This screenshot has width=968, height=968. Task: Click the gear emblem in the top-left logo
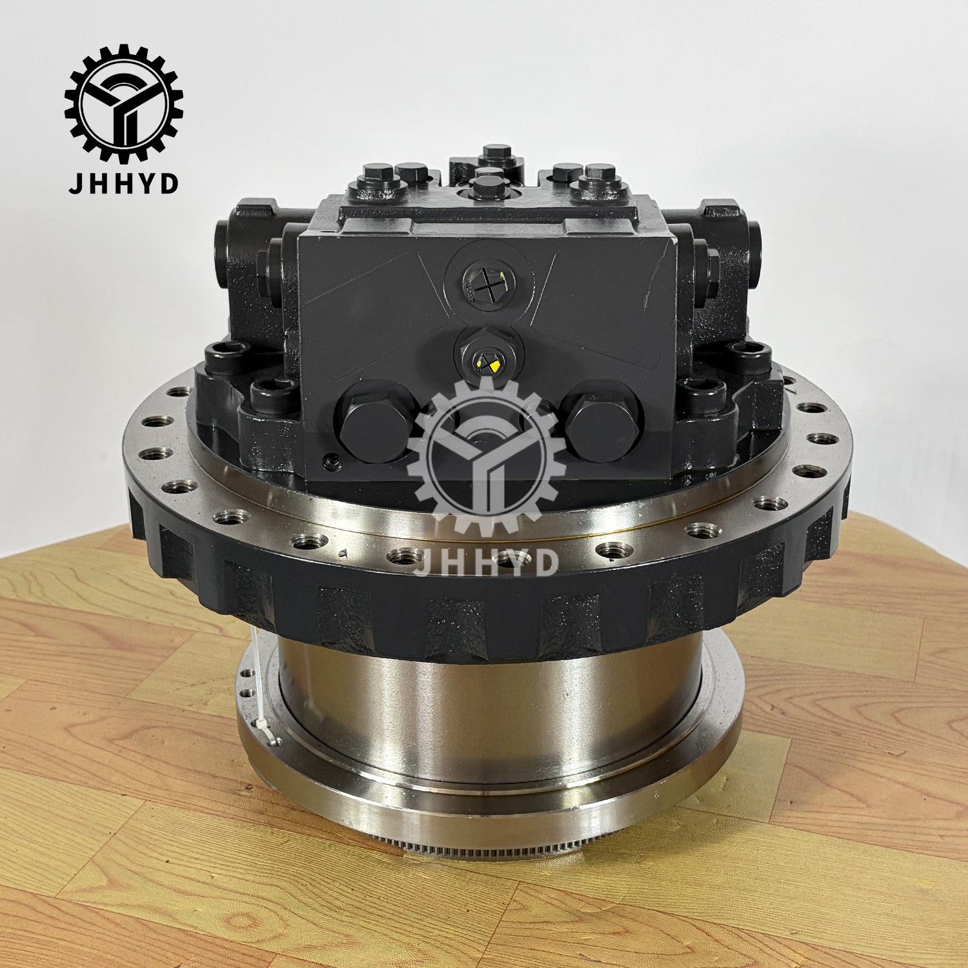click(124, 103)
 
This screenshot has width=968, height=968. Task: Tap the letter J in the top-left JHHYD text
click(76, 183)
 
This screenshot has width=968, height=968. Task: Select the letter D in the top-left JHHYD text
click(168, 183)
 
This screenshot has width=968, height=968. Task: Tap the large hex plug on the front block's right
click(601, 421)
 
